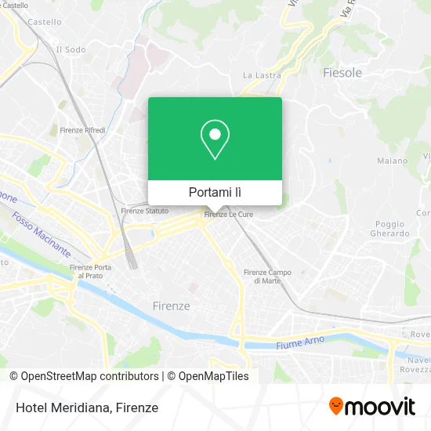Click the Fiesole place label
coord(342,73)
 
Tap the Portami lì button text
coord(215,192)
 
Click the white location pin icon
coord(215,139)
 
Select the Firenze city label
coord(170,306)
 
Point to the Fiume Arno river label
coord(299,343)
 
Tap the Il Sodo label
coord(71,49)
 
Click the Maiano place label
coord(392,161)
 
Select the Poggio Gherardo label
coord(389,228)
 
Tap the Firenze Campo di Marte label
coord(267,276)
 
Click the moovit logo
coord(371,407)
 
